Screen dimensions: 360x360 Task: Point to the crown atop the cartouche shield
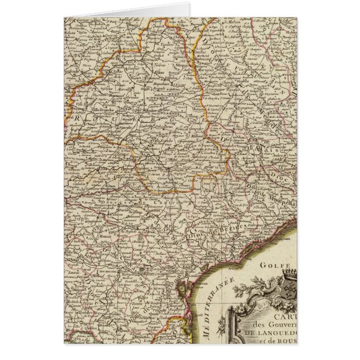point(290,273)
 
